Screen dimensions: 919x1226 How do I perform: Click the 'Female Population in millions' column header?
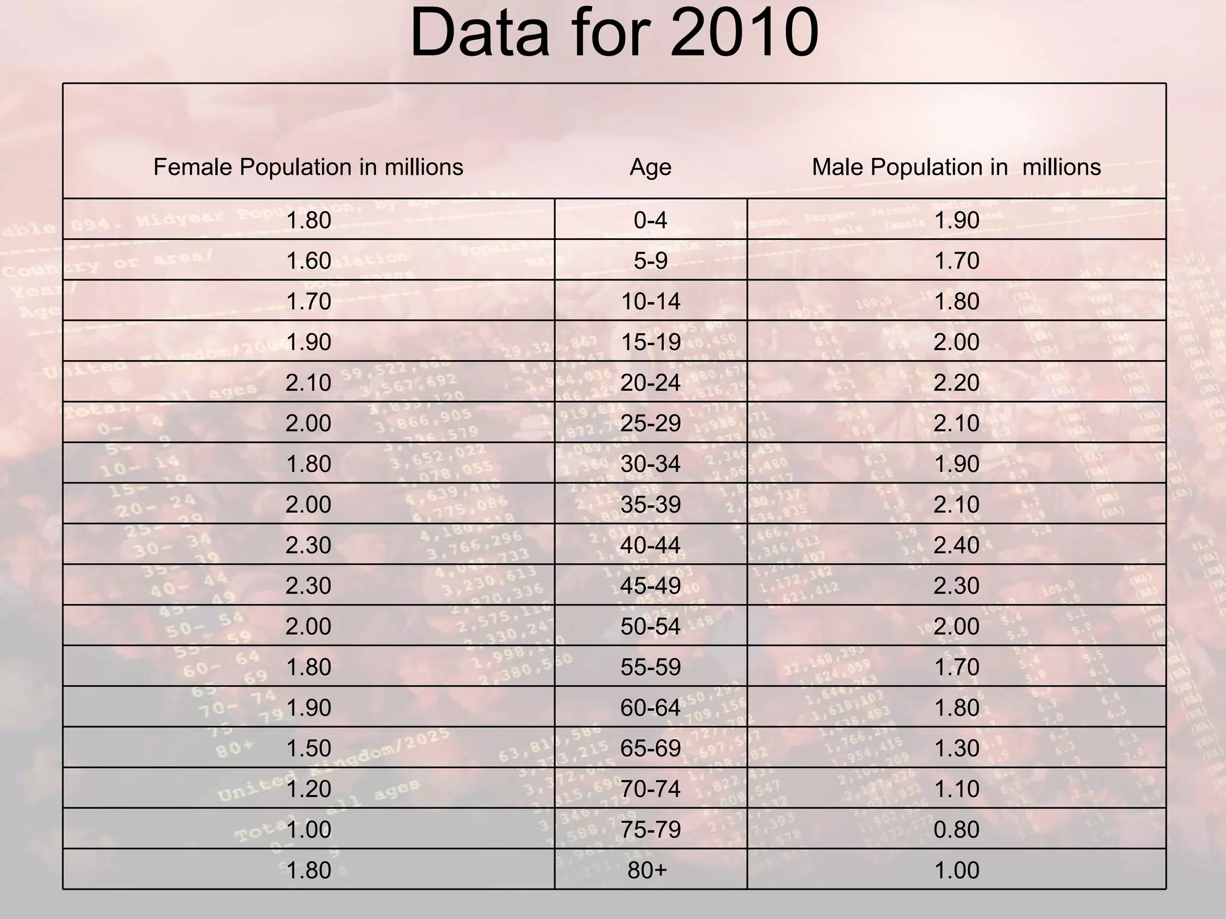(308, 167)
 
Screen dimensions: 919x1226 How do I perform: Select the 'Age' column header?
(650, 167)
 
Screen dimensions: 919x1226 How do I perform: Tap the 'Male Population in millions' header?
(956, 167)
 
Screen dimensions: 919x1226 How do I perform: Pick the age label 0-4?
(650, 220)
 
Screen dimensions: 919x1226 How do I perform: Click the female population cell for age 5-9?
(308, 261)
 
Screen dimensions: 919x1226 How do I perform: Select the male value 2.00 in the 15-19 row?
(956, 342)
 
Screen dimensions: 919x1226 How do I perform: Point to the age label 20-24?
(650, 383)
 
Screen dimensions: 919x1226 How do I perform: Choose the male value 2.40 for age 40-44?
(956, 545)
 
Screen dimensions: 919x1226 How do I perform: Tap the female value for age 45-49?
(308, 586)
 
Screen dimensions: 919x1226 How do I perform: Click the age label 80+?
(647, 870)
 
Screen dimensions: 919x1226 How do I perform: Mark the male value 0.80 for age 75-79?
(956, 829)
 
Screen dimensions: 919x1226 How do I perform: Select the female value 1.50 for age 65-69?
(308, 748)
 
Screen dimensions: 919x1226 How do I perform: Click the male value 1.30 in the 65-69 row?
(956, 748)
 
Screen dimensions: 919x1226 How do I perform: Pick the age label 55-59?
(650, 667)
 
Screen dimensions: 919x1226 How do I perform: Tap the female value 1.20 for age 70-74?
(308, 789)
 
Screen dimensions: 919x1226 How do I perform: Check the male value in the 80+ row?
(956, 870)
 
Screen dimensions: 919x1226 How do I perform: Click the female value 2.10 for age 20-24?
(308, 383)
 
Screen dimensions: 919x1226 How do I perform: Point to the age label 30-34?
(650, 464)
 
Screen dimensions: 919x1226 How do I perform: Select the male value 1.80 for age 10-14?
(956, 302)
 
